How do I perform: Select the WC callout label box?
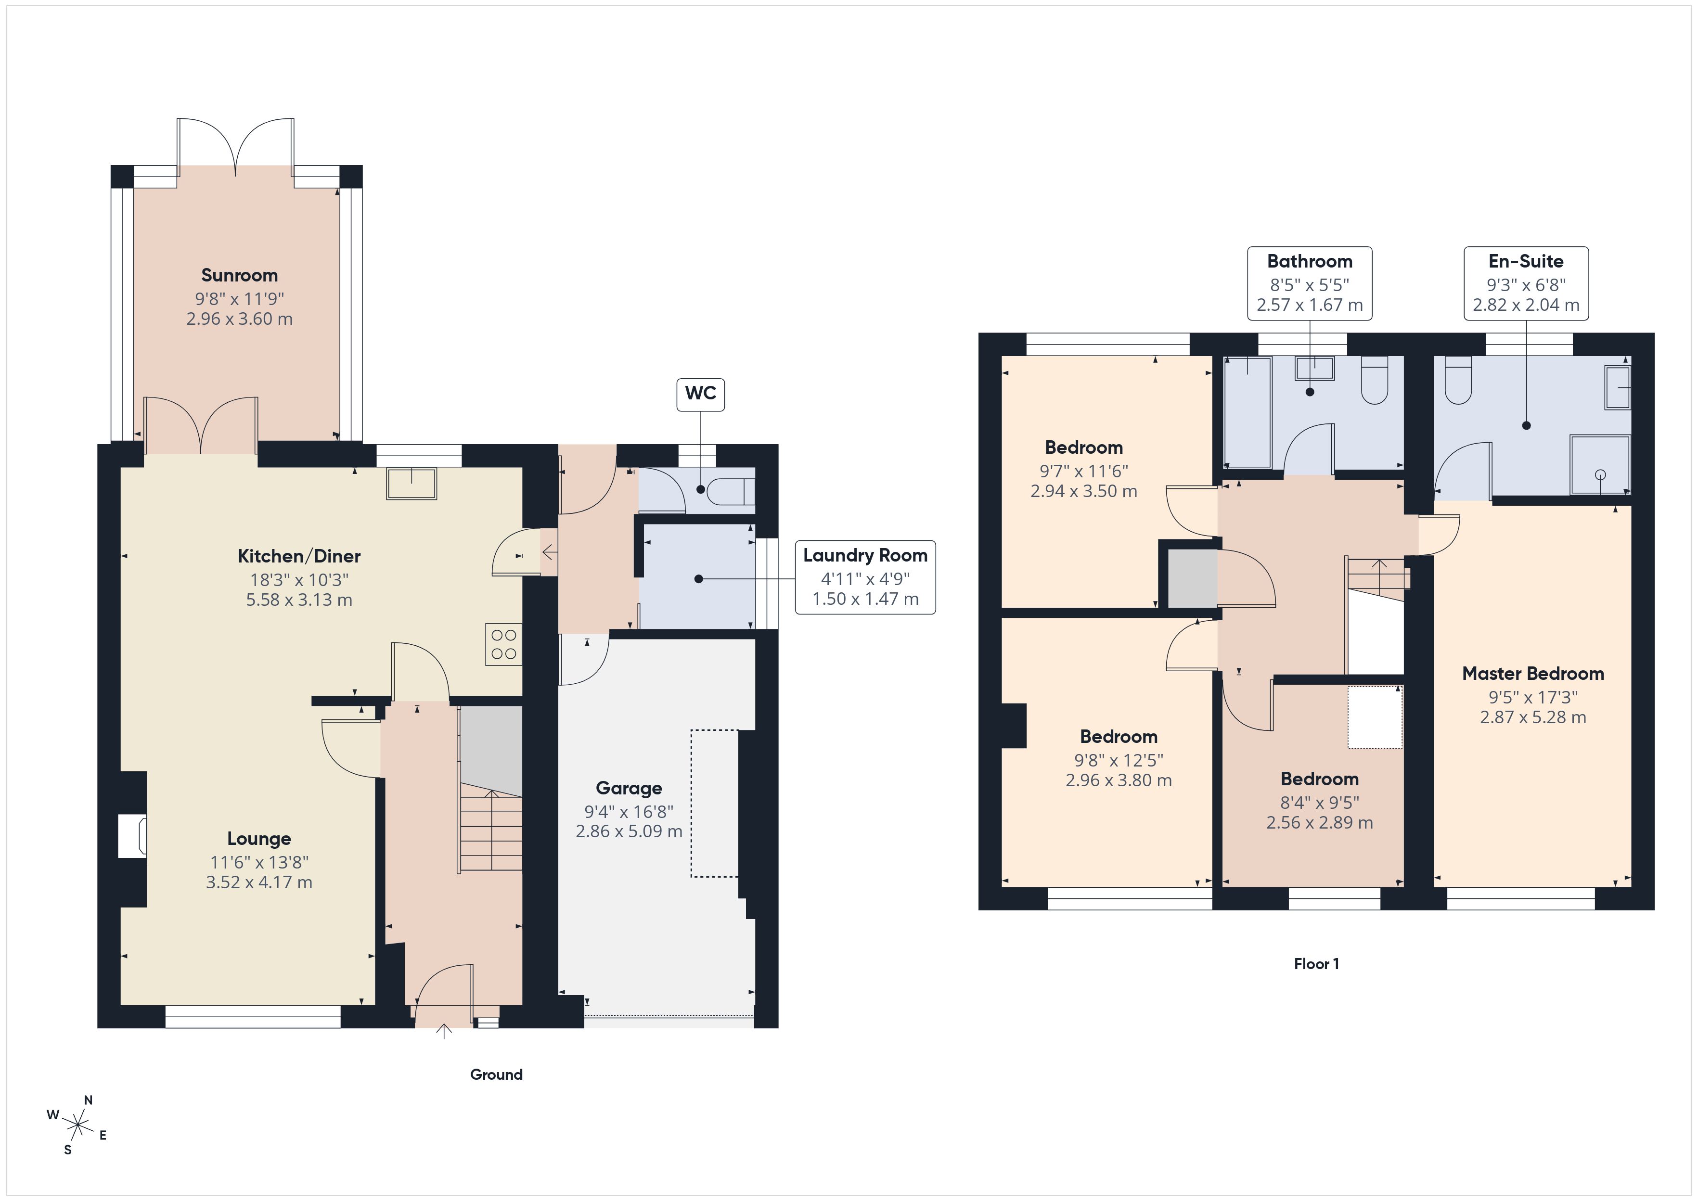point(700,394)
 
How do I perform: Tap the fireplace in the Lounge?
point(134,836)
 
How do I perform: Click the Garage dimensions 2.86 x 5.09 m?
point(629,831)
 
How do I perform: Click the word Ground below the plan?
point(496,1074)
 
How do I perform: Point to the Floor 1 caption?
point(1316,964)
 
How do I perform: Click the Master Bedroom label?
point(1532,674)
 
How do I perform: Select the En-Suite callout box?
point(1526,283)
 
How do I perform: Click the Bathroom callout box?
point(1309,283)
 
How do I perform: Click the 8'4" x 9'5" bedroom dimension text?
point(1319,803)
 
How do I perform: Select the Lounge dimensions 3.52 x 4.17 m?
point(259,882)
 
